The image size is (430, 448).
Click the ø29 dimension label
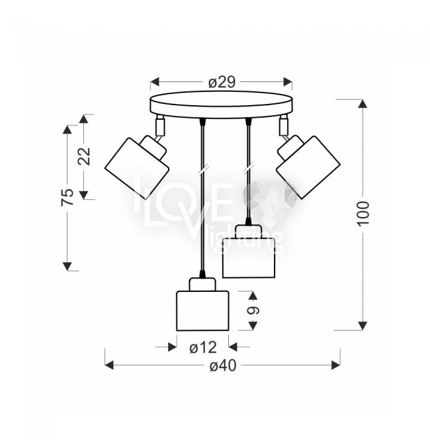[222, 82]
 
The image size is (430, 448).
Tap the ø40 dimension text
[223, 365]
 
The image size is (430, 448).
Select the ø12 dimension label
[203, 347]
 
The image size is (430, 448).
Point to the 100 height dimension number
[363, 214]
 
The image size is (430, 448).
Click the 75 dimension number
[67, 197]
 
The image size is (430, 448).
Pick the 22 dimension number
[84, 156]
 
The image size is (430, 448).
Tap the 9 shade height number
[253, 310]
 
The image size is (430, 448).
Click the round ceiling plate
[222, 105]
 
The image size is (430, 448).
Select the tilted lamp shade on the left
[137, 169]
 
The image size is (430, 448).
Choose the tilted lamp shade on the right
[308, 167]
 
